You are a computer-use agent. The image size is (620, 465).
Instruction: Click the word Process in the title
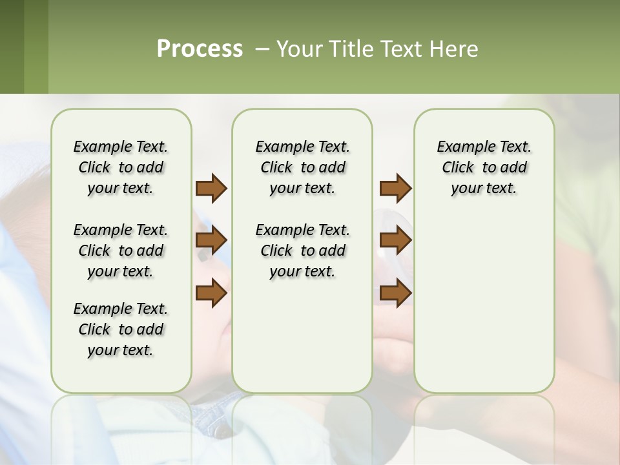(200, 48)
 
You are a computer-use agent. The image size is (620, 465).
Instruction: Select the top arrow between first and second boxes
(211, 188)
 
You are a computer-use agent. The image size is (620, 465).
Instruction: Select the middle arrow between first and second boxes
(211, 241)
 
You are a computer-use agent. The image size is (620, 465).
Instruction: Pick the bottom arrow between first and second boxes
(211, 294)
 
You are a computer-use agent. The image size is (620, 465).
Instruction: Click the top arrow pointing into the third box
(395, 188)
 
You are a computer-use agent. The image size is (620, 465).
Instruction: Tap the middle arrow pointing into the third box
(395, 241)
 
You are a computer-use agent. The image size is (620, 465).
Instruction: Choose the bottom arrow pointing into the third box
(395, 294)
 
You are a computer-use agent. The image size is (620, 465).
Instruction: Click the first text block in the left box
(121, 167)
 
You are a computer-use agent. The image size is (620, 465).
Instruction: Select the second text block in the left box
(121, 251)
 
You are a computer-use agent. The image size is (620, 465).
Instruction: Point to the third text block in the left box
(121, 329)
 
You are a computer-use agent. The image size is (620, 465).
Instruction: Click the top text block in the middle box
(302, 167)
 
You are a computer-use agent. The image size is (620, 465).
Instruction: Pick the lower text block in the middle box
(302, 251)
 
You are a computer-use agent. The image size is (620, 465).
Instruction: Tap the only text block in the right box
(484, 167)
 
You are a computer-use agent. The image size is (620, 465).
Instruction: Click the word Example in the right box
(460, 147)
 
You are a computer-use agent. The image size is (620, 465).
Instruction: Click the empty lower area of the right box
(484, 310)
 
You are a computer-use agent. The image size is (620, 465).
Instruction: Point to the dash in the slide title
(262, 49)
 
